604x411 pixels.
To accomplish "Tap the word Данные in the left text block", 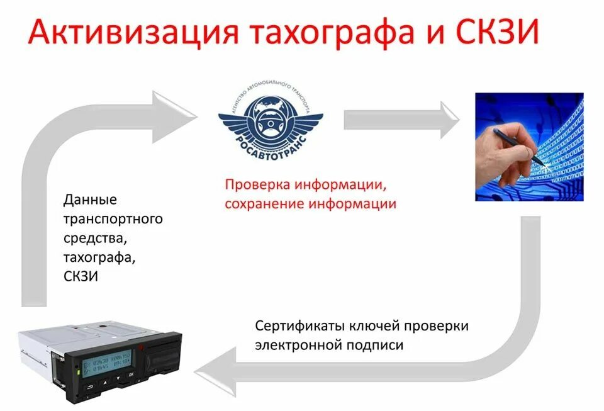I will (x=91, y=200).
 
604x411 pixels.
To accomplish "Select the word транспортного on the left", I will (x=113, y=220).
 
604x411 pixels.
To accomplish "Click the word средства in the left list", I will (x=94, y=239).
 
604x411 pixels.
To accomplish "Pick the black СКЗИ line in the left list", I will (x=81, y=276).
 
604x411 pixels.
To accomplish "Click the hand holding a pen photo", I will (x=529, y=147).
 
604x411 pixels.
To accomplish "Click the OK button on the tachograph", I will (x=131, y=374).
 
